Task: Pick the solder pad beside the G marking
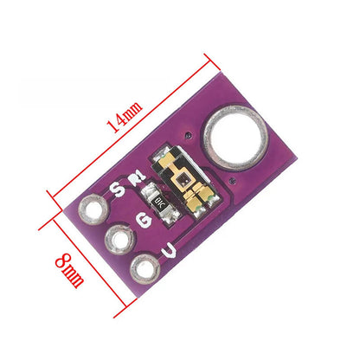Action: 114,239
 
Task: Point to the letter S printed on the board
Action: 119,188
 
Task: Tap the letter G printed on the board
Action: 145,220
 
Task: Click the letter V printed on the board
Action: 172,251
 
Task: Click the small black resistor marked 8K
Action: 159,204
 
